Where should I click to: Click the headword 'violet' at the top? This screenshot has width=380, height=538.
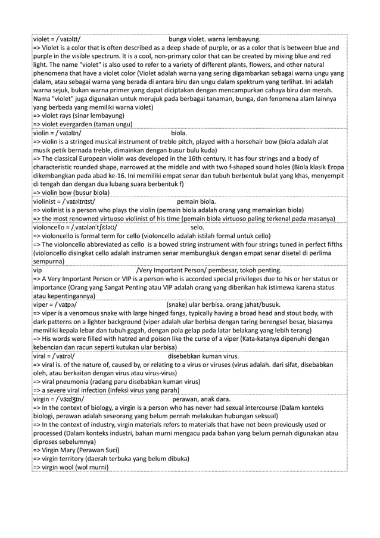coord(42,40)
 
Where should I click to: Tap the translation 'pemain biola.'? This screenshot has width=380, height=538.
coord(197,202)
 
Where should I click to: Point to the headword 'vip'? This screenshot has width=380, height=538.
coord(37,270)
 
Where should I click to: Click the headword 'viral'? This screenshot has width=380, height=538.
coord(41,356)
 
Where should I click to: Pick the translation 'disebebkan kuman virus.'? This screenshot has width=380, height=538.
coord(203,356)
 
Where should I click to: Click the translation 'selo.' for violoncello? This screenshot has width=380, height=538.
coord(198,227)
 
